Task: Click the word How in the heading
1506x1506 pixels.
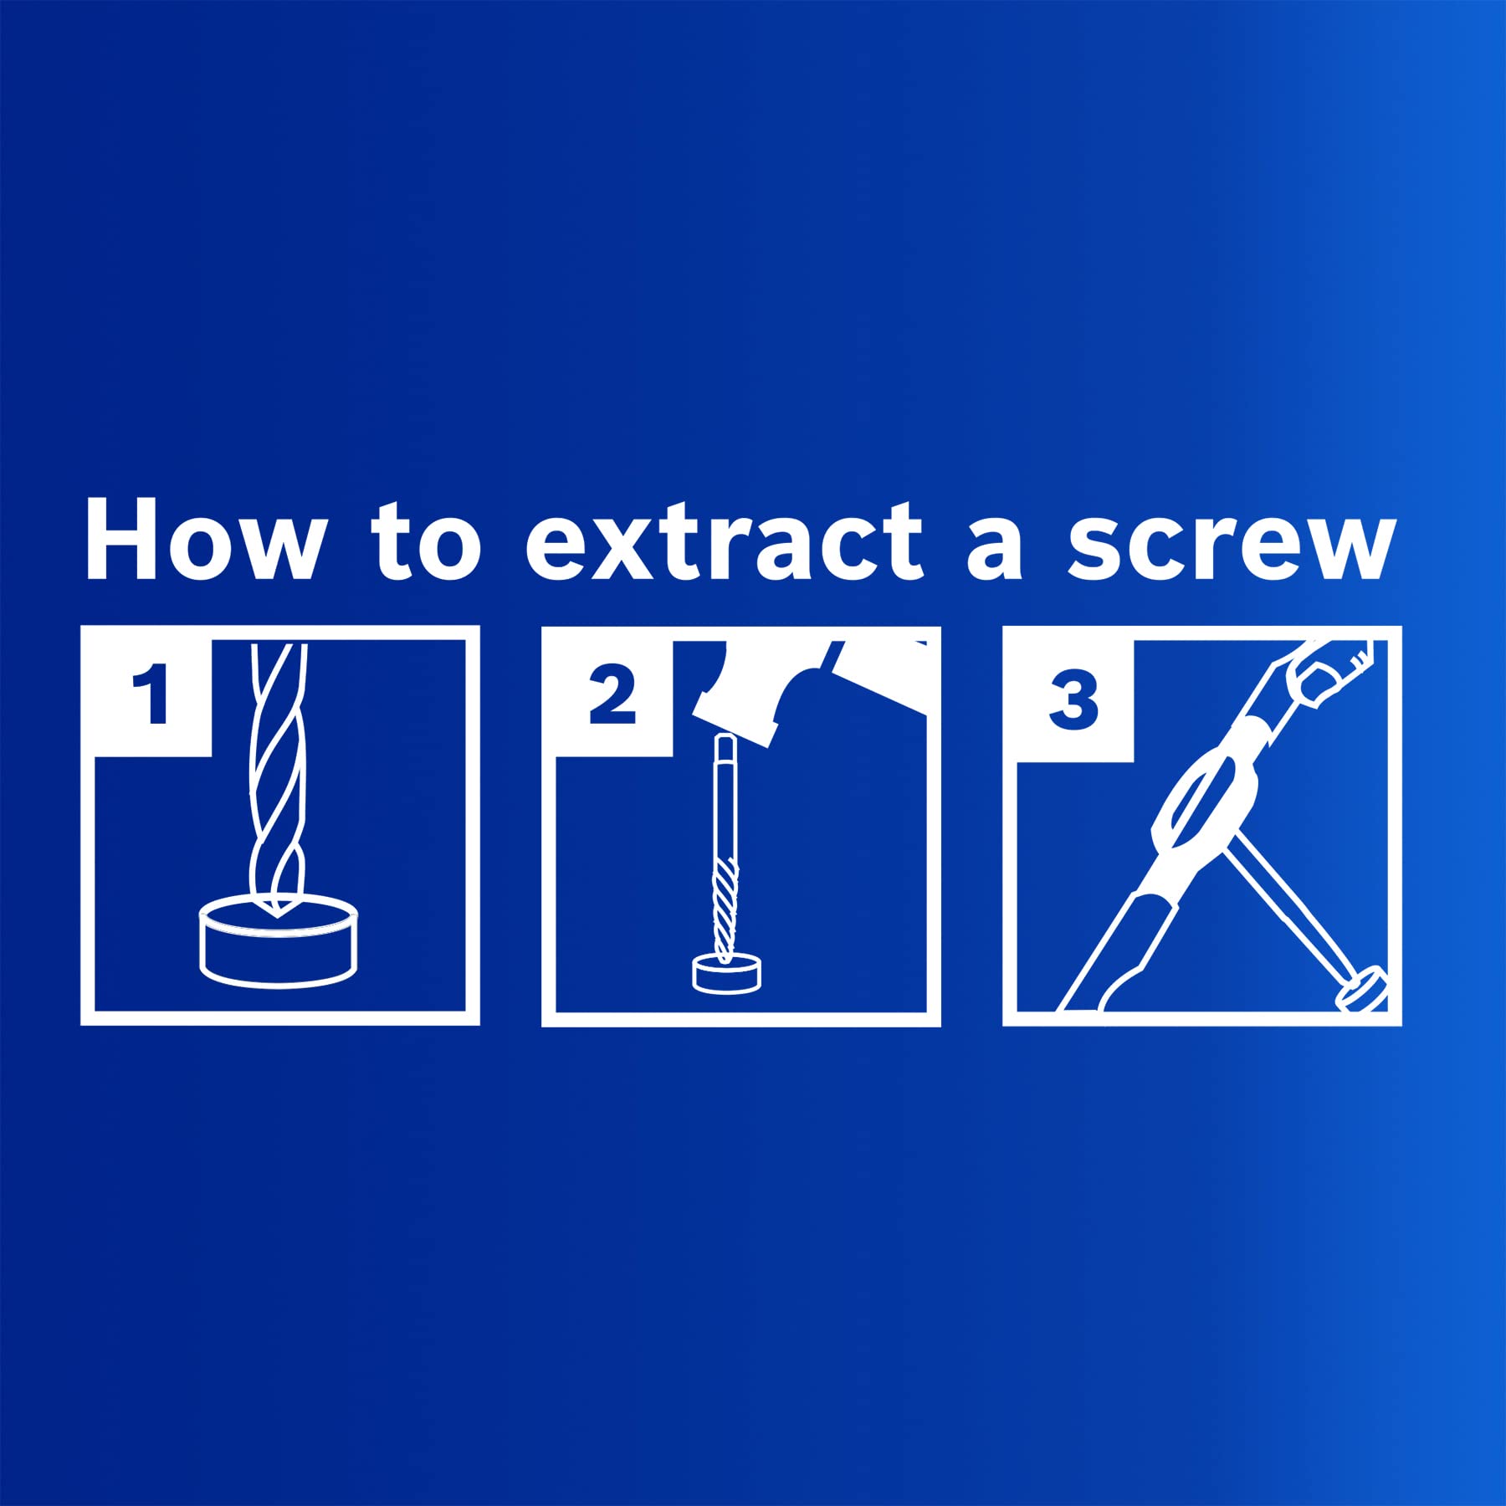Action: [x=202, y=540]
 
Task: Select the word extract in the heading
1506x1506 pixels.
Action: [x=725, y=541]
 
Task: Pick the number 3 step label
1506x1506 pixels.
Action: [x=1073, y=695]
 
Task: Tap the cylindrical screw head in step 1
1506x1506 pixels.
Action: [x=279, y=941]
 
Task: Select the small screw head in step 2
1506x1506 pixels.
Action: [x=728, y=975]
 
